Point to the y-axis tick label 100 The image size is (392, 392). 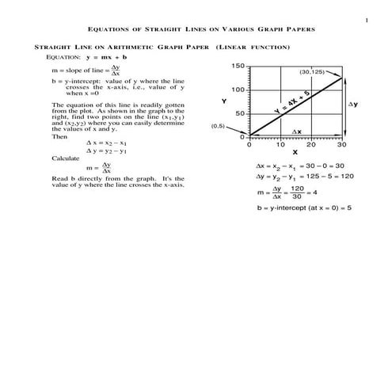coord(238,90)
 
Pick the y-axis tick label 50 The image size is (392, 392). coord(240,114)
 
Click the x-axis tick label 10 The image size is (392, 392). coord(280,145)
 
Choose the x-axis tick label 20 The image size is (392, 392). coord(311,145)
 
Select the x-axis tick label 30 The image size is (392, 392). coord(342,145)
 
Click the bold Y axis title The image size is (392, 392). coord(223,101)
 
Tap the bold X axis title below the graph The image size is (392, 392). coord(295,153)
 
